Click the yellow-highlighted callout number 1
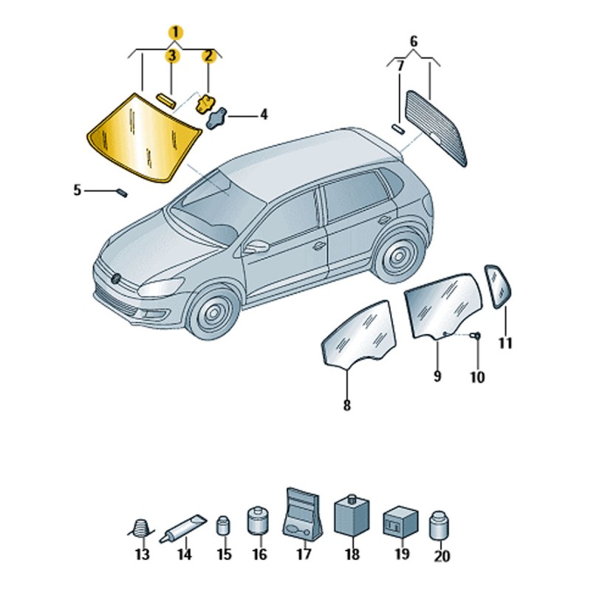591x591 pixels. (176, 33)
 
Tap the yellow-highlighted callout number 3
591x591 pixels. (171, 56)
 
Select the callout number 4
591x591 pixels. (264, 115)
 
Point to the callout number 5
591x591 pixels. (78, 190)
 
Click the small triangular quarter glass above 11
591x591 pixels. (497, 286)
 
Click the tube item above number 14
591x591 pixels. (182, 527)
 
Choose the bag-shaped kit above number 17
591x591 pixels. (302, 514)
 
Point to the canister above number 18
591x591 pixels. (352, 515)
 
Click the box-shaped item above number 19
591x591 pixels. (400, 522)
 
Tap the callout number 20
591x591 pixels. (442, 556)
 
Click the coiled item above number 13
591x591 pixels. (141, 527)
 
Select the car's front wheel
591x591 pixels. (213, 312)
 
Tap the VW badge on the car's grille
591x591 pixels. (116, 279)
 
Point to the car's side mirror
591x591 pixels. (256, 247)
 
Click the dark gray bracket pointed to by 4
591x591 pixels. (216, 118)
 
